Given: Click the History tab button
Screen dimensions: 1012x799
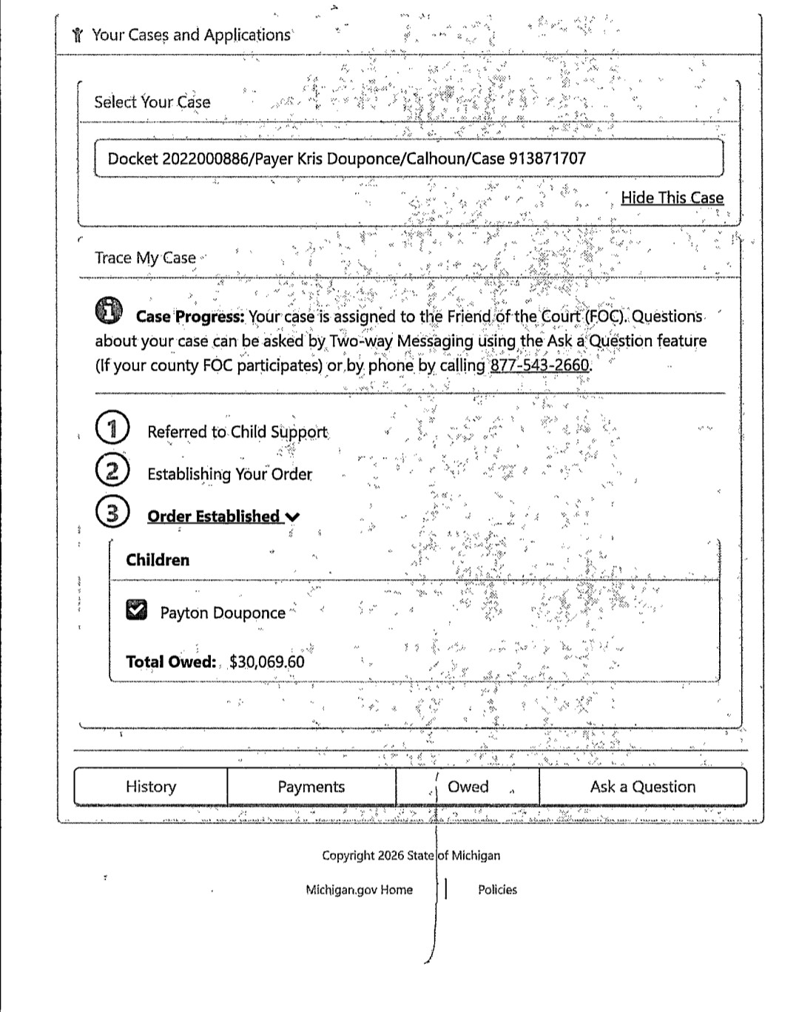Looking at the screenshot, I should pos(151,786).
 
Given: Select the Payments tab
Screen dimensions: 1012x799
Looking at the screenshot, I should pos(311,786).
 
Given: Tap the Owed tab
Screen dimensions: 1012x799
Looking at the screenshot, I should pos(468,786).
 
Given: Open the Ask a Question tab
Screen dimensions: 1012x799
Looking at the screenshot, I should pos(642,786).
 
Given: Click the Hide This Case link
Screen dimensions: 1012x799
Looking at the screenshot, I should pos(672,198).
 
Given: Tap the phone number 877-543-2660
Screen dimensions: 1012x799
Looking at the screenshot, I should pos(540,365).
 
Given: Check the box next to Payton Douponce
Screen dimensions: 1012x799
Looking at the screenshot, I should pos(137,610).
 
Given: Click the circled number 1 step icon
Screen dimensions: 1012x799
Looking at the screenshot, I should pos(112,429).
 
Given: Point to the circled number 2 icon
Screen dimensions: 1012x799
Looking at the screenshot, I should pos(112,471).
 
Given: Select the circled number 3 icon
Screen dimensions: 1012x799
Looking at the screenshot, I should pos(112,513).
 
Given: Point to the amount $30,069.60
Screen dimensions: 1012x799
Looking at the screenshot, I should pos(266,661).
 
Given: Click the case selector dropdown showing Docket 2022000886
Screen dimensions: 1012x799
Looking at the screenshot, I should pos(408,158).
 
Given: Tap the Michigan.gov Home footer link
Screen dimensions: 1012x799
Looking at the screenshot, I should pos(359,890).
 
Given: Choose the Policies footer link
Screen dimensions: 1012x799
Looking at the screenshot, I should pos(497,890).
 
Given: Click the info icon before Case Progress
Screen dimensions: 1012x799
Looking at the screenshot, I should pos(109,311).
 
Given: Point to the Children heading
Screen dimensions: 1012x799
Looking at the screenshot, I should pos(158,560).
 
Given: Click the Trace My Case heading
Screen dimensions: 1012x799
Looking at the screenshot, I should pos(145,257).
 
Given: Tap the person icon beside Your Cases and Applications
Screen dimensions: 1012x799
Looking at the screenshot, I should pos(78,35).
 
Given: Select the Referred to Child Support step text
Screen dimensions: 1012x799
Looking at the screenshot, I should pos(237,432).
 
